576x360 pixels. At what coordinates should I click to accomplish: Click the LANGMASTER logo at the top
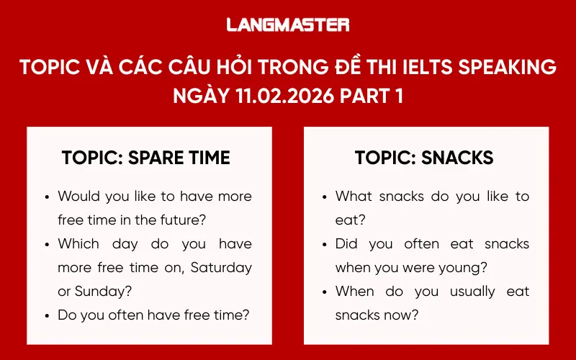click(x=288, y=24)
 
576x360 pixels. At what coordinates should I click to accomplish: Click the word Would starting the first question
click(x=78, y=196)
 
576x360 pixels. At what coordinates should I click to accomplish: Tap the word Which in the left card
click(x=78, y=243)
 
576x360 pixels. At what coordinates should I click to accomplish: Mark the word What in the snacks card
click(x=354, y=196)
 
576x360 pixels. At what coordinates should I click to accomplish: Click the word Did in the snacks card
click(x=346, y=243)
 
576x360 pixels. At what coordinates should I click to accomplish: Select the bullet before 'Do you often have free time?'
click(x=48, y=316)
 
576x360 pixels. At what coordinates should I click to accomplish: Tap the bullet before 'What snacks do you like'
click(x=325, y=197)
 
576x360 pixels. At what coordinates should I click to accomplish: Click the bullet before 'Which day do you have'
click(x=48, y=244)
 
